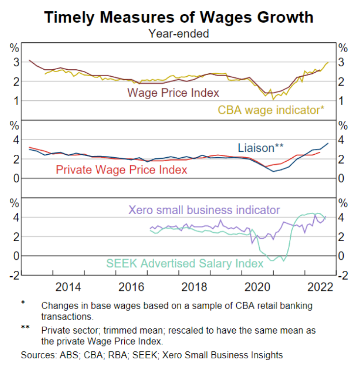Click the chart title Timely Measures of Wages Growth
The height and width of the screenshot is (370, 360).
coord(179,17)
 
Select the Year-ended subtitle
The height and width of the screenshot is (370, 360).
coord(179,33)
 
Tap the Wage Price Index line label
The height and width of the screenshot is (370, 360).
coord(173,92)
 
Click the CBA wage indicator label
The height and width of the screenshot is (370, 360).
coord(271,110)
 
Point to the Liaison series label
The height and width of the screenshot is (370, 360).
coord(260,148)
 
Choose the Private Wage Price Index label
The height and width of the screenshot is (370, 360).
coord(121,170)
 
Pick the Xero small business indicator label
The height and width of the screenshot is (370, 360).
coord(204,210)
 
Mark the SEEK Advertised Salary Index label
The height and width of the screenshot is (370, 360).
coord(185,263)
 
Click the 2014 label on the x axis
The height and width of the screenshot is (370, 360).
coord(68,287)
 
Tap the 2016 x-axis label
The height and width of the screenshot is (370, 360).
coord(131,287)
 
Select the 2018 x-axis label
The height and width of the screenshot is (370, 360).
coord(194,287)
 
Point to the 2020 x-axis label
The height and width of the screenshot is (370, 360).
coord(257,287)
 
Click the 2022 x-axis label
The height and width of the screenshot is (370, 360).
coord(320,287)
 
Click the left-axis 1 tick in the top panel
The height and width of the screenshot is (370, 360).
coord(16,101)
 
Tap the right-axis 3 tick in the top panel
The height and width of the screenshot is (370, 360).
coord(341,62)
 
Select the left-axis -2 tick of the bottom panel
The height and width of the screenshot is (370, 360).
coord(15,275)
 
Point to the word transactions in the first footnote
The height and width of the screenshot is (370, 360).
coord(67,316)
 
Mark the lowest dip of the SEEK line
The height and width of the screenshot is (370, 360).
coord(283,261)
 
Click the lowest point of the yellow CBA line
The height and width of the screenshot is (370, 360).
coord(273,100)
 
